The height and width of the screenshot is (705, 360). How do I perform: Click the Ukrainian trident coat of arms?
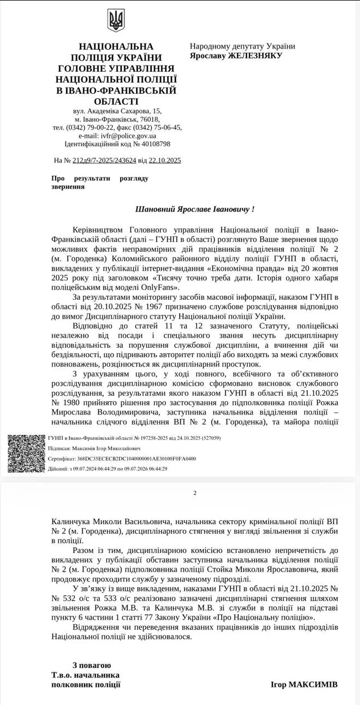pos(116,21)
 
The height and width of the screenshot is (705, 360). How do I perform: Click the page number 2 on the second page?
pos(195,493)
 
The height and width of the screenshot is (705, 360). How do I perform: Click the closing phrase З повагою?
pos(92,665)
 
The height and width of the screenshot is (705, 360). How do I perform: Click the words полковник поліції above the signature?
pos(85,685)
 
